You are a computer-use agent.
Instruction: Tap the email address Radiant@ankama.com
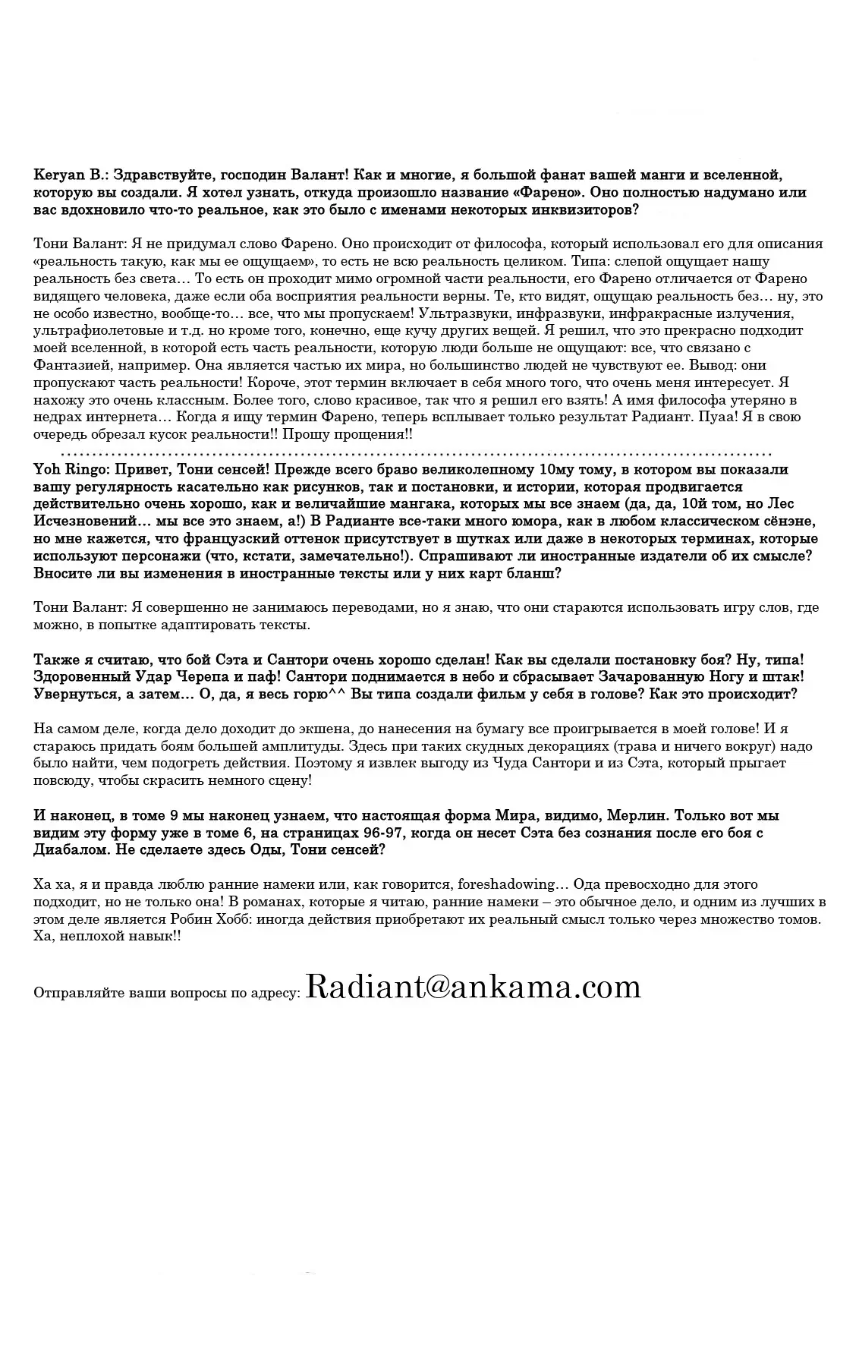(474, 987)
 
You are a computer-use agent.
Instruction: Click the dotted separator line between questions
(402, 452)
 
